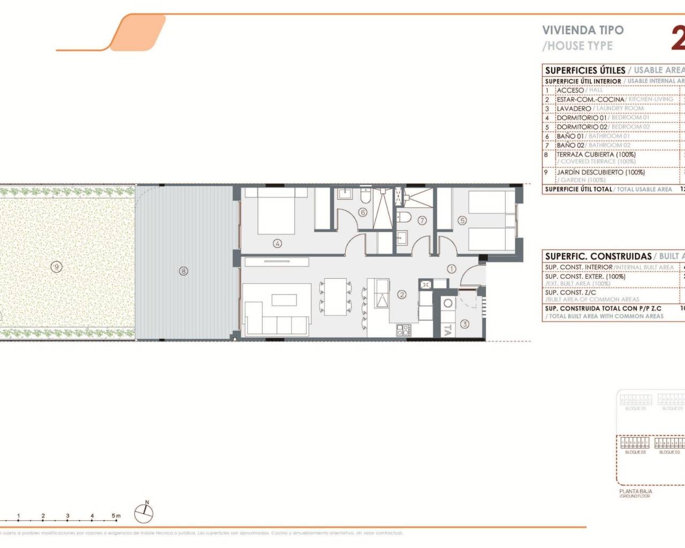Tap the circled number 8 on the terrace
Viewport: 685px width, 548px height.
184,271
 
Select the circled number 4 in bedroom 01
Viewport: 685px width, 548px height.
277,243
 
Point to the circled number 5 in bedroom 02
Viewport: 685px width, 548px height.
462,220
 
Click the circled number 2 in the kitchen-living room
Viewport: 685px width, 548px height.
401,294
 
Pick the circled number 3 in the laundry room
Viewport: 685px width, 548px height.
464,324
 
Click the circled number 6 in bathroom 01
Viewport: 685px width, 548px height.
362,212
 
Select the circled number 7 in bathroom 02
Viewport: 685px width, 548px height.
422,220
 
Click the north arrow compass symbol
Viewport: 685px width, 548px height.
143,513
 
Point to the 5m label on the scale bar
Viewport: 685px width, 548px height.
116,516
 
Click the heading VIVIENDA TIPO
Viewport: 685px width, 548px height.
583,31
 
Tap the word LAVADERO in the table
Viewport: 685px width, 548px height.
574,109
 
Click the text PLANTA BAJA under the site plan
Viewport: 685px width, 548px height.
635,491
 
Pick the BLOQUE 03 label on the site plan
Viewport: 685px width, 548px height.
635,452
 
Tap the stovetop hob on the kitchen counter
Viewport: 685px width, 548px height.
403,331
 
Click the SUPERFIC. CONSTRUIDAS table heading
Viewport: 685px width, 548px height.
598,256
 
